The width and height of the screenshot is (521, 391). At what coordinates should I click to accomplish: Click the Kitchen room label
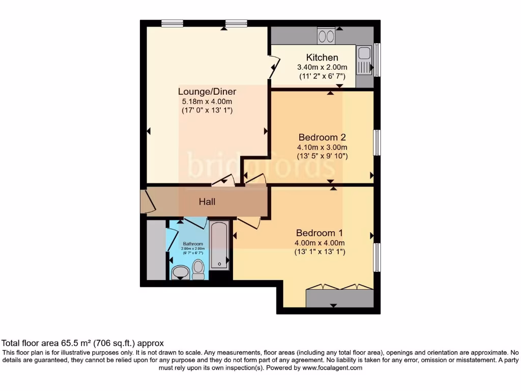[322, 58]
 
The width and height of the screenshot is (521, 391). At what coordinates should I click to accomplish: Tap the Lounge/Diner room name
[207, 92]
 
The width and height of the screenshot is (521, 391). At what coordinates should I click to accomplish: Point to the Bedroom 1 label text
[320, 233]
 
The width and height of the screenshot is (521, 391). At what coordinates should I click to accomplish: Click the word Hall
[207, 202]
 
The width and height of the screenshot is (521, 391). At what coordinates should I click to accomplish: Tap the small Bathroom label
[193, 244]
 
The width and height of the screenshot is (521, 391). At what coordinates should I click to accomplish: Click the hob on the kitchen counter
[326, 36]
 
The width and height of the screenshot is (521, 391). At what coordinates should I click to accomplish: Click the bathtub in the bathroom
[219, 245]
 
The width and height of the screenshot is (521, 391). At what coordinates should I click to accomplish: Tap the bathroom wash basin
[180, 273]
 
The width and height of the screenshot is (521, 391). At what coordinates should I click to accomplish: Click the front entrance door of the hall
[147, 202]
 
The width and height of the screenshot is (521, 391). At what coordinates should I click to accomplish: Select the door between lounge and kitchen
[274, 66]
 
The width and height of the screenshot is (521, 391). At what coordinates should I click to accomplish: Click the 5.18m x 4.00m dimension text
[207, 101]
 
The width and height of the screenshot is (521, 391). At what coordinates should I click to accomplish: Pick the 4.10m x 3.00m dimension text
[322, 147]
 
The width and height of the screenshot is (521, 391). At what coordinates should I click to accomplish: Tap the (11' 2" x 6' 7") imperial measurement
[322, 76]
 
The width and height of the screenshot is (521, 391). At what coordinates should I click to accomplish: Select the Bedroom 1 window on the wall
[377, 257]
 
